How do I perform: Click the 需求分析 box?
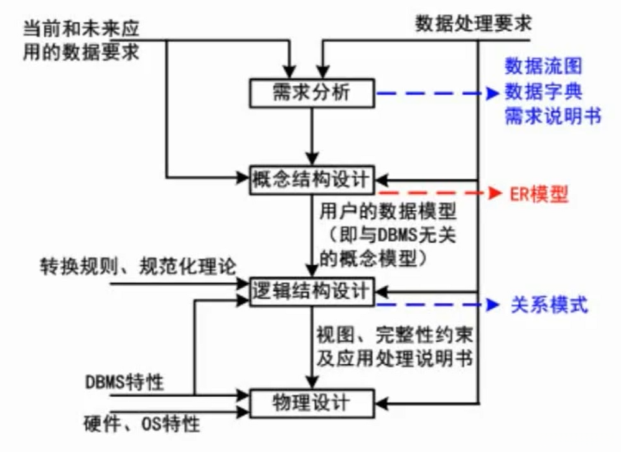click(312, 93)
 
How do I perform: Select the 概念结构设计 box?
click(312, 180)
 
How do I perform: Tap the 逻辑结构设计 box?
click(312, 291)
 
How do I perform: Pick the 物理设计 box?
click(312, 403)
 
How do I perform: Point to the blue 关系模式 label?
click(546, 305)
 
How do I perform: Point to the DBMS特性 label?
click(124, 381)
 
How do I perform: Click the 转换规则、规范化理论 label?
click(138, 266)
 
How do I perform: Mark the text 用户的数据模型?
click(388, 212)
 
